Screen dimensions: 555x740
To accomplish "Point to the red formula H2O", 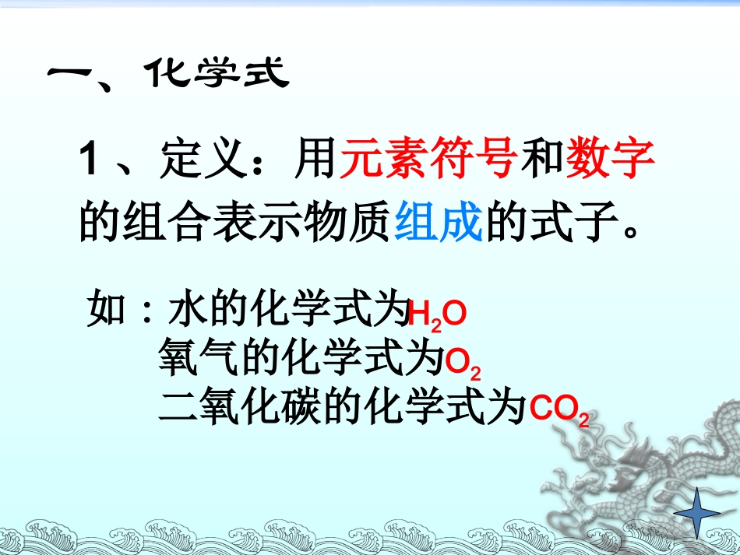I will point(437,315).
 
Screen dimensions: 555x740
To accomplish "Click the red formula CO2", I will point(559,410).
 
